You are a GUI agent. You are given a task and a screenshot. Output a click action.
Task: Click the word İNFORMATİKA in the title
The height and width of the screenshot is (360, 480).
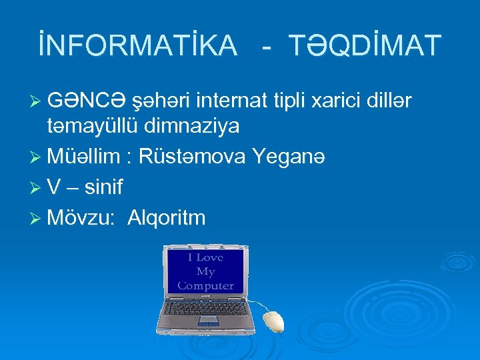pyautogui.click(x=137, y=45)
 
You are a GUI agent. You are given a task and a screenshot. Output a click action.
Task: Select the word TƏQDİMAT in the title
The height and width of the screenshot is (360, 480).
pyautogui.click(x=365, y=45)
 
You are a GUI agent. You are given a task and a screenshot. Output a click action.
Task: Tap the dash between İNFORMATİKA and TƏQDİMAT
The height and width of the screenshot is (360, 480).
pyautogui.click(x=266, y=47)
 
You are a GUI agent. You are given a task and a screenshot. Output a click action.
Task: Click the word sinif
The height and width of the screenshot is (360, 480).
pyautogui.click(x=103, y=187)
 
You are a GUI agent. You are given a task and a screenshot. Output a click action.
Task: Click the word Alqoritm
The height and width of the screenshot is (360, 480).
pyautogui.click(x=167, y=218)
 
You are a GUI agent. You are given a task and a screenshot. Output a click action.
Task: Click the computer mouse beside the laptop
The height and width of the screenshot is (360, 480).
pyautogui.click(x=273, y=321)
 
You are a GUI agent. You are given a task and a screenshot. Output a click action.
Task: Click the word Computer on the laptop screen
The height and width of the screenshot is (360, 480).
pyautogui.click(x=205, y=285)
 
